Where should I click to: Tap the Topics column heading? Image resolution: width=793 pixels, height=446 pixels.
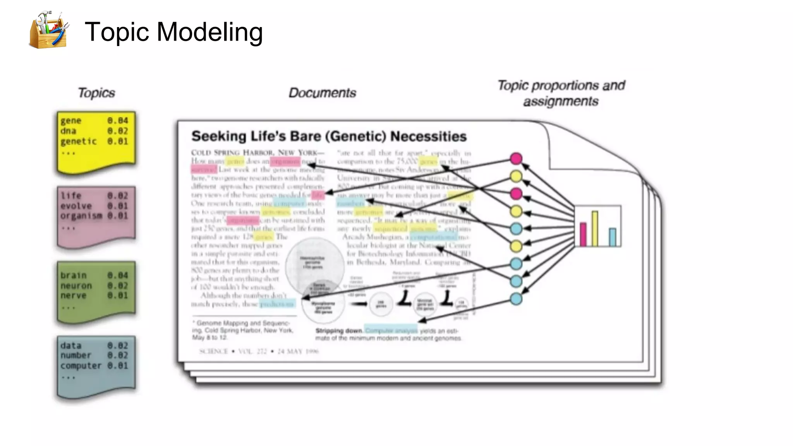click(96, 93)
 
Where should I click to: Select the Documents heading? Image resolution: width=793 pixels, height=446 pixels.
click(322, 93)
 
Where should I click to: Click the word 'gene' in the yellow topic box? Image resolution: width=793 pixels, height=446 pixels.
click(71, 121)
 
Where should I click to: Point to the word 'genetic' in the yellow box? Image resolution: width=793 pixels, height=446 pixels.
click(78, 141)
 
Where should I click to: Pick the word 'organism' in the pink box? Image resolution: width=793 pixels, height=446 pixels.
click(81, 216)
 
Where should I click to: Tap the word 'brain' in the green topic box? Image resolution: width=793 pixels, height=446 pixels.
click(73, 275)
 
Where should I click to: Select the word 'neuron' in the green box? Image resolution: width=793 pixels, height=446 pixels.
click(76, 286)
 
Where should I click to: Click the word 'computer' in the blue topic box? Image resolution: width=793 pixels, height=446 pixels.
click(81, 365)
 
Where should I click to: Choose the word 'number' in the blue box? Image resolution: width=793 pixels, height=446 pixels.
click(76, 355)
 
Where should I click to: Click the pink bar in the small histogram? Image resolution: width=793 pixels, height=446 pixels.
click(583, 234)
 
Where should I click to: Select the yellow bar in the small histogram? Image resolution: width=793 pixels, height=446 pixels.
click(595, 228)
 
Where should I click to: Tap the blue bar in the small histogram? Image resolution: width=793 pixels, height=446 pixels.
click(612, 237)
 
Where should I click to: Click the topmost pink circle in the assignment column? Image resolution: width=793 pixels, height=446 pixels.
click(516, 158)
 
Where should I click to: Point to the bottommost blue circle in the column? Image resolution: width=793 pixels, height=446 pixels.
click(516, 298)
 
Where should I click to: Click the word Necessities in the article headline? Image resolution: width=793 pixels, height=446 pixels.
click(428, 136)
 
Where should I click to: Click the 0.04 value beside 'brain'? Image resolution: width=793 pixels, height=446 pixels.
click(118, 275)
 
